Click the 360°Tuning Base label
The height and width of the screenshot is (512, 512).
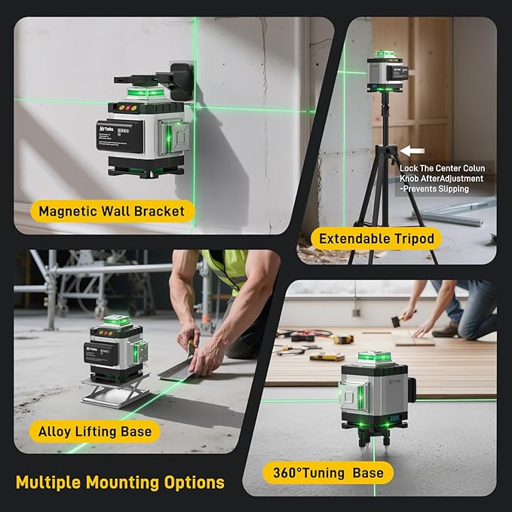click(x=329, y=473)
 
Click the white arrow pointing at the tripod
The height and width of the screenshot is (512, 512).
click(x=411, y=151)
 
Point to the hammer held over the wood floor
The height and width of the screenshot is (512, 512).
click(x=394, y=320)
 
